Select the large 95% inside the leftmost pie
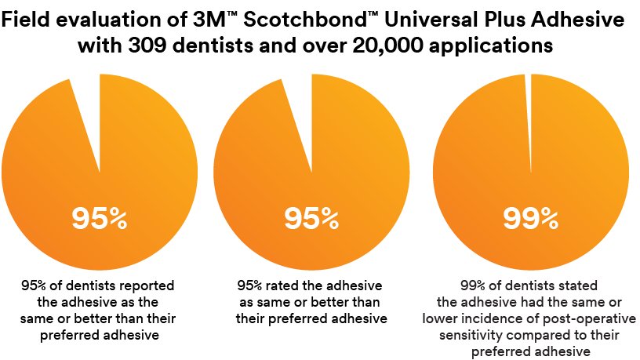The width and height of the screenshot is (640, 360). [100, 220]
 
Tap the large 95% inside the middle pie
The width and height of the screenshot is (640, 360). [311, 220]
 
